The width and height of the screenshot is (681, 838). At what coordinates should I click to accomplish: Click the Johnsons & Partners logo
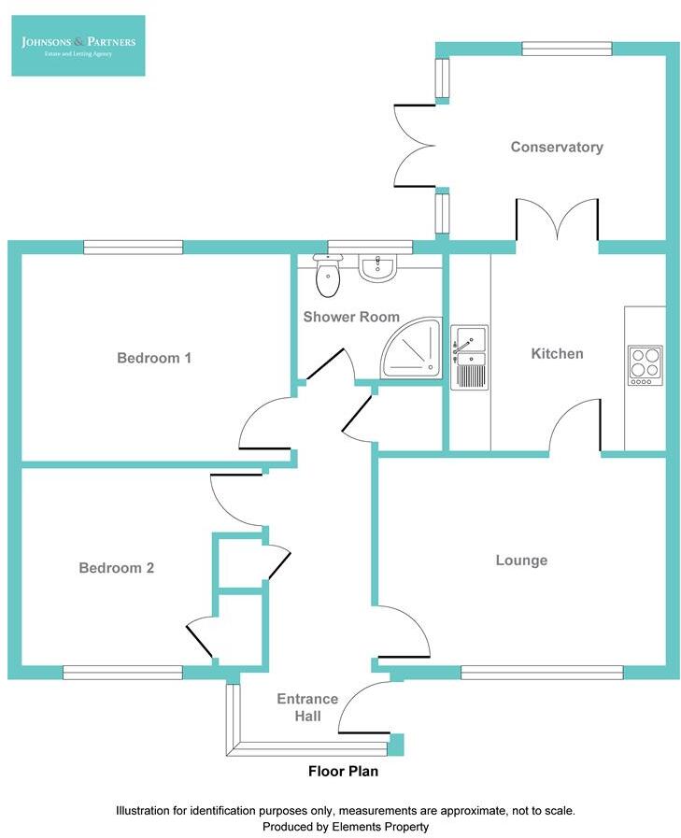[x=78, y=45]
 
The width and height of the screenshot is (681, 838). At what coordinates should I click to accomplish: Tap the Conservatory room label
[x=557, y=147]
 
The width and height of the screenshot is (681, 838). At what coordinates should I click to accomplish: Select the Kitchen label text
[x=557, y=353]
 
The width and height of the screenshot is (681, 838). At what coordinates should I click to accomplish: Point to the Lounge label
[x=521, y=561]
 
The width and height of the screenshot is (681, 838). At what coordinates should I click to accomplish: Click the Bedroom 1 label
[x=154, y=358]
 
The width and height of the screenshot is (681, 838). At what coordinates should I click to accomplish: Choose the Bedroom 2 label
[x=117, y=568]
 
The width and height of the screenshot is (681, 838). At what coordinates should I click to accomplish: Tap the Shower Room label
[x=351, y=317]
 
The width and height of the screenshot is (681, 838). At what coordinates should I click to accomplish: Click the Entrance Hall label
[x=299, y=707]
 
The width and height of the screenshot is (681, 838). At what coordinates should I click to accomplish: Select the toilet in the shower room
[x=327, y=275]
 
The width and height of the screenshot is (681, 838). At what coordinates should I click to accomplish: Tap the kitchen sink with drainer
[x=469, y=357]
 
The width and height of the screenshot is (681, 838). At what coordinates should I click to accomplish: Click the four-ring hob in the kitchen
[x=645, y=365]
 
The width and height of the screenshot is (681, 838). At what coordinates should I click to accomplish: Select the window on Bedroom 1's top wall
[x=133, y=247]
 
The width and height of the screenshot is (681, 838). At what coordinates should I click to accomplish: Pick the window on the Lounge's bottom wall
[x=542, y=671]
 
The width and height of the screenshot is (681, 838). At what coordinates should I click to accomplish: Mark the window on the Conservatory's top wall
[x=566, y=49]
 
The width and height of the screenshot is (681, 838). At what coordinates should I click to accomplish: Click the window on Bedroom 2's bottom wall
[x=122, y=671]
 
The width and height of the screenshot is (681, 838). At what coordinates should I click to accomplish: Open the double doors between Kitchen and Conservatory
[x=557, y=224]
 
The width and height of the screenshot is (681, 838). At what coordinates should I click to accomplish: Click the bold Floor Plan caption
[x=344, y=772]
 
